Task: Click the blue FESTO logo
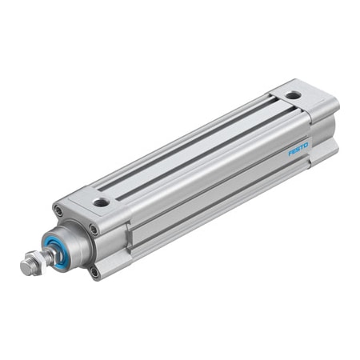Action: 298,148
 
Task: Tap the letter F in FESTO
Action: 290,152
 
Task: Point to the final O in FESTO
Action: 306,144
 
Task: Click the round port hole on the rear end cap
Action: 294,95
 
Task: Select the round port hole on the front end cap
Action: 101,202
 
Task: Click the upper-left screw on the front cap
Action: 58,210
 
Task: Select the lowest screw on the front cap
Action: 96,271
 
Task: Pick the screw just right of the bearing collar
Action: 94,230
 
